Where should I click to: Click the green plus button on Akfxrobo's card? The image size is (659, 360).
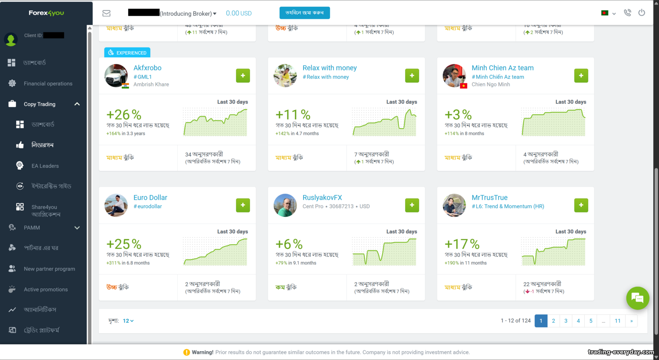[243, 76]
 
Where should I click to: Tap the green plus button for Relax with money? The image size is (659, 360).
[412, 76]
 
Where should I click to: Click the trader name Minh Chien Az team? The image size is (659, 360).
[503, 68]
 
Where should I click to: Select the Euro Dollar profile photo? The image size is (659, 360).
[116, 205]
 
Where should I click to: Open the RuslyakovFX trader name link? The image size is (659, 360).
[322, 198]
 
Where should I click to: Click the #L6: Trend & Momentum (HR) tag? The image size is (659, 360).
[508, 206]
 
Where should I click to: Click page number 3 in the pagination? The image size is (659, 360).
[566, 321]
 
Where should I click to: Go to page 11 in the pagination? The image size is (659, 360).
[618, 321]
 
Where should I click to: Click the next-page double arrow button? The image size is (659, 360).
[631, 321]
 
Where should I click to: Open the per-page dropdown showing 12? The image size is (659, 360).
[128, 321]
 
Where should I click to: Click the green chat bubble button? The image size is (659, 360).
[637, 298]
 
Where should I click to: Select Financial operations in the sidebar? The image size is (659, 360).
[48, 83]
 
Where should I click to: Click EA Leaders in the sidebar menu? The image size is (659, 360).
[45, 166]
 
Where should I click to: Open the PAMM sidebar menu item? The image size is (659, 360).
[32, 227]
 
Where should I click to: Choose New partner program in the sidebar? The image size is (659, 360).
[49, 269]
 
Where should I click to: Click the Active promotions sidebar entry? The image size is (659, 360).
[46, 289]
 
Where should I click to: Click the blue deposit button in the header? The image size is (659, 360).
[304, 13]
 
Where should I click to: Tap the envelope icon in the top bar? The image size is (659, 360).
[106, 13]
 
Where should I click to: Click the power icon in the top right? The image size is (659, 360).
[642, 13]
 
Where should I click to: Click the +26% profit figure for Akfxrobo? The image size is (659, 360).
[124, 115]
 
